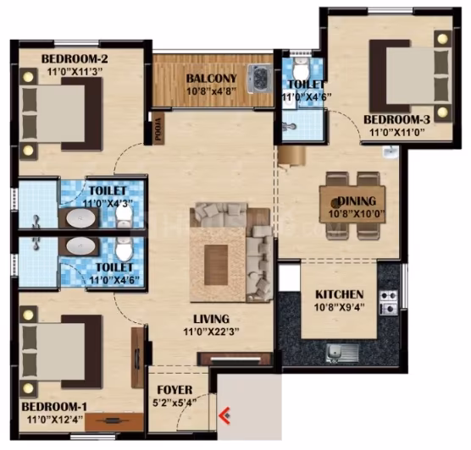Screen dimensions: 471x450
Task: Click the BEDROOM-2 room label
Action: click(x=75, y=59)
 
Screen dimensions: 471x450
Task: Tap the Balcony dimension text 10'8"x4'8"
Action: click(x=212, y=91)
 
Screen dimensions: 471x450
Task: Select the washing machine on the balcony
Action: click(x=259, y=78)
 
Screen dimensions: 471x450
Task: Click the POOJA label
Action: click(x=158, y=129)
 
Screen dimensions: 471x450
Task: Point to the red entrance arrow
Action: click(x=224, y=416)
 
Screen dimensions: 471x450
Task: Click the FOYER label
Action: click(x=175, y=390)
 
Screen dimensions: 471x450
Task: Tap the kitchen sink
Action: click(x=342, y=353)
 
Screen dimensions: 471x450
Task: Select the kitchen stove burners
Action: click(x=389, y=303)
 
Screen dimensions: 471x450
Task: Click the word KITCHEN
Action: click(x=340, y=294)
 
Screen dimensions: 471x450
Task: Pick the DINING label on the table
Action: click(x=357, y=201)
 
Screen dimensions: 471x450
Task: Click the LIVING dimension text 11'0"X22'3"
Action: click(x=212, y=332)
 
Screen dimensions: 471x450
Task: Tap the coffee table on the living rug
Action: click(x=216, y=265)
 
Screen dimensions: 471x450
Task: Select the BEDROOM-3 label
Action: click(x=396, y=119)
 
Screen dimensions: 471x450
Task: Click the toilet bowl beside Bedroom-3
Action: click(x=301, y=69)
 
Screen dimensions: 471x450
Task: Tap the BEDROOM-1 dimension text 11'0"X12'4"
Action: click(x=55, y=420)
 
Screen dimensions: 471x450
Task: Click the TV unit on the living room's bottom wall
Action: click(x=235, y=359)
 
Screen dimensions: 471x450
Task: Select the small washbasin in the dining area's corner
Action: click(x=391, y=152)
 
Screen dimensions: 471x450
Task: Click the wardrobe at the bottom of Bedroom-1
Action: click(x=114, y=422)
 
